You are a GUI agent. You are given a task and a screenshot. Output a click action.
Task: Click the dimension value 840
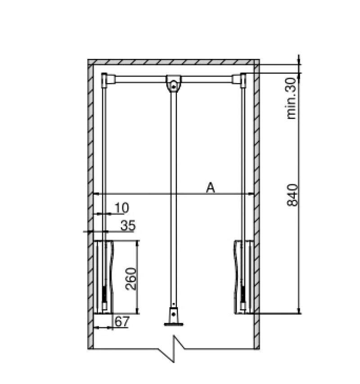292,195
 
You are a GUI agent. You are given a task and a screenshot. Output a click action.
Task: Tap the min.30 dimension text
292,98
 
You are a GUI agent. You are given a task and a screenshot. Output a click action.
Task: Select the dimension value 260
131,279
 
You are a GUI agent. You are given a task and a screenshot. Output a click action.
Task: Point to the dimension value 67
121,321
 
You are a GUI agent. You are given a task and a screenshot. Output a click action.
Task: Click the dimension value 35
128,225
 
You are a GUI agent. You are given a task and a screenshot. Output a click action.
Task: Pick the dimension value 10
122,208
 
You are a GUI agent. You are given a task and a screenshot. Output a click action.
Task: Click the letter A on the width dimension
211,188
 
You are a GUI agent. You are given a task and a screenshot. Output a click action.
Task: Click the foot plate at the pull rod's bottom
174,325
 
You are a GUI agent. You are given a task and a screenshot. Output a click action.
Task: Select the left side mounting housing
104,277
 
